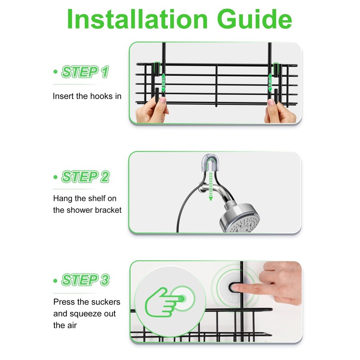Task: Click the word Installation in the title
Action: pyautogui.click(x=137, y=19)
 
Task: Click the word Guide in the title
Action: pyautogui.click(x=254, y=19)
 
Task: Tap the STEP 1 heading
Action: pyautogui.click(x=85, y=72)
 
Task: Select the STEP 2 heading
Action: pyautogui.click(x=85, y=176)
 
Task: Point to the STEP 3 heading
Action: pyautogui.click(x=85, y=280)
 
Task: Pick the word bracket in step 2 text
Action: pyautogui.click(x=108, y=210)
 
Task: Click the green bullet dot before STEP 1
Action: pyautogui.click(x=55, y=72)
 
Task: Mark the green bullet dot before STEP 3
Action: pyautogui.click(x=55, y=280)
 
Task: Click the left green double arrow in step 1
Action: pyautogui.click(x=163, y=83)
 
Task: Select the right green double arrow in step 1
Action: pyautogui.click(x=270, y=83)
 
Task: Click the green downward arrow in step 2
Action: pyautogui.click(x=211, y=187)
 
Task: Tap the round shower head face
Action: pyautogui.click(x=243, y=224)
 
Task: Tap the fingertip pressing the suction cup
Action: pyautogui.click(x=234, y=287)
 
